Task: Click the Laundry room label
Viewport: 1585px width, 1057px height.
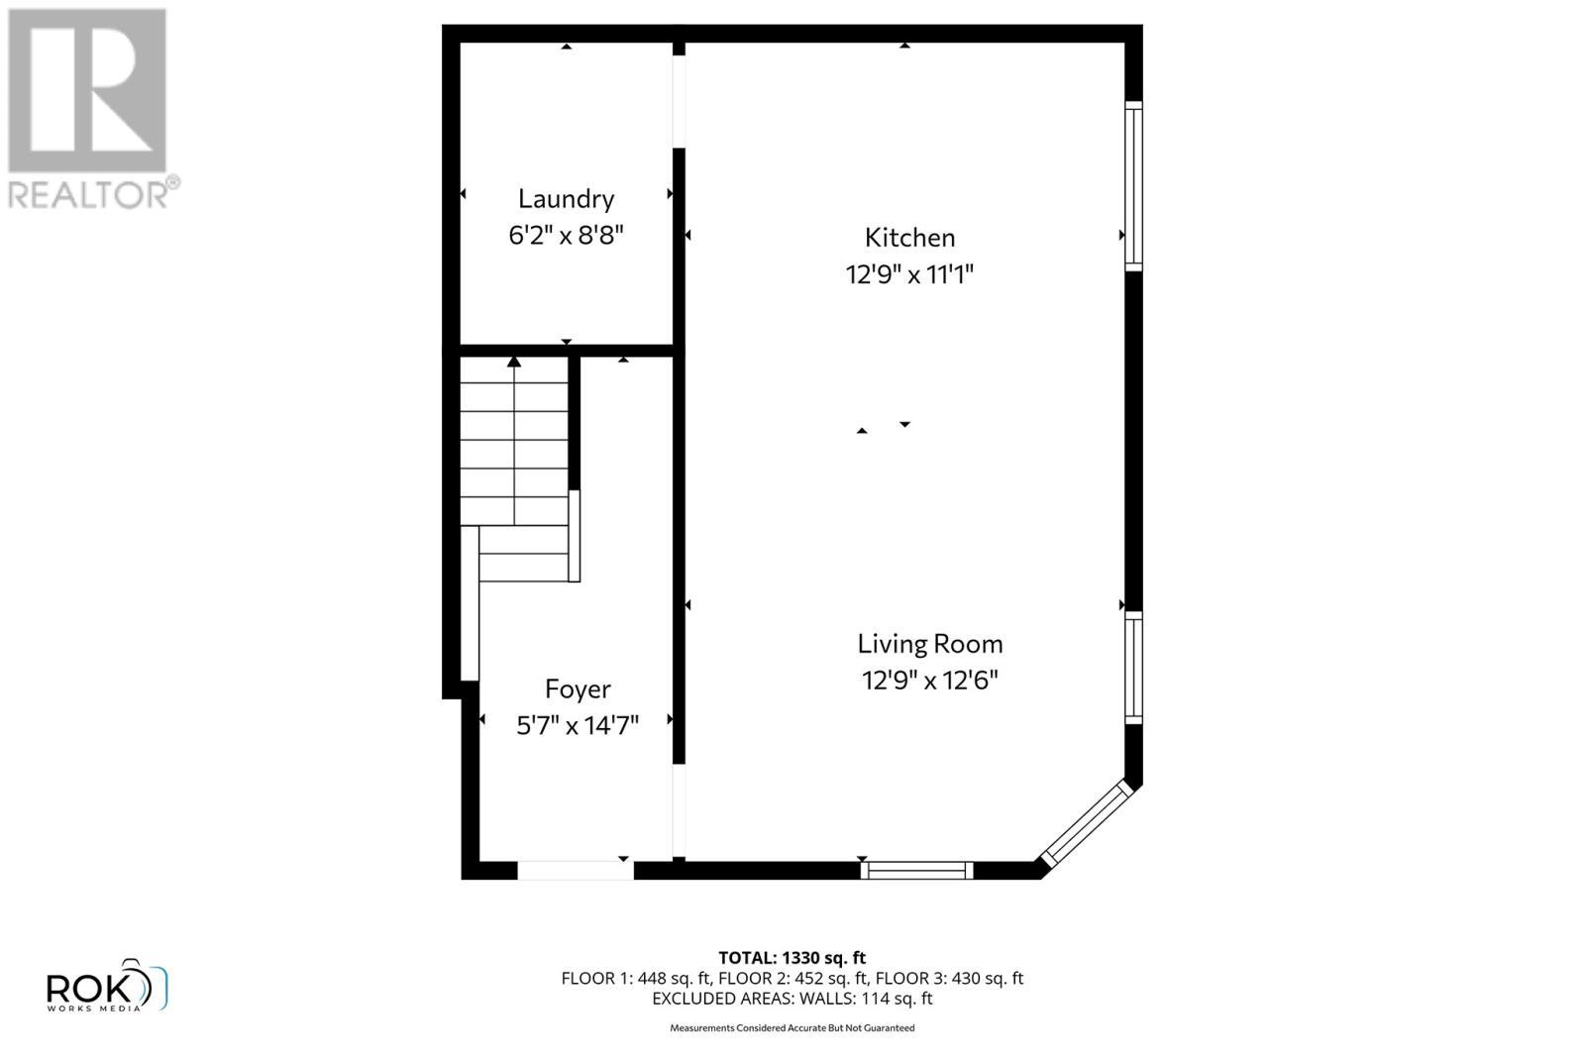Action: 566,199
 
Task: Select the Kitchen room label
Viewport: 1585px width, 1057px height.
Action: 909,238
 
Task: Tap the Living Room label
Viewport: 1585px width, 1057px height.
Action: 929,644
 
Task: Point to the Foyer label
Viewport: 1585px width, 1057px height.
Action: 578,689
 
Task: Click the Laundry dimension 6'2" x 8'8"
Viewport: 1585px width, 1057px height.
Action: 566,236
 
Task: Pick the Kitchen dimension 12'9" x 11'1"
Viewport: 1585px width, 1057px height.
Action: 909,274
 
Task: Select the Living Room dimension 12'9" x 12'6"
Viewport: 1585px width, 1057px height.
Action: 929,681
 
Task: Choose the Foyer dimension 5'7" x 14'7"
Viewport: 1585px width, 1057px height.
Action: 578,726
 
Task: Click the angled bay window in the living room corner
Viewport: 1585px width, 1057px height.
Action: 1086,822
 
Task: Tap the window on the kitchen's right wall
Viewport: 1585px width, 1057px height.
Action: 1133,185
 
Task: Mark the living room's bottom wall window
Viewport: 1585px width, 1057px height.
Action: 916,871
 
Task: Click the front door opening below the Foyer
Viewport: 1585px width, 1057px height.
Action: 576,871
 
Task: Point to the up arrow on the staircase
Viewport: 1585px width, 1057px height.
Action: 514,363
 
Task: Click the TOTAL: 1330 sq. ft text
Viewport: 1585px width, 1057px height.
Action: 792,958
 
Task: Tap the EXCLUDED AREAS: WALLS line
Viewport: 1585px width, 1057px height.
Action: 792,999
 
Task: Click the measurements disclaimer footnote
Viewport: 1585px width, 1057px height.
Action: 792,1028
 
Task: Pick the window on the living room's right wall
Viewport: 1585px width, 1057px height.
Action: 1133,668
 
